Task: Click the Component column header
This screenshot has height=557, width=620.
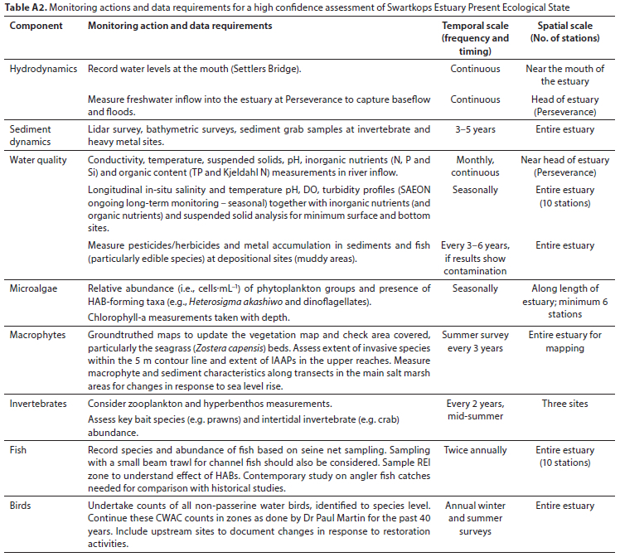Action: tap(36, 27)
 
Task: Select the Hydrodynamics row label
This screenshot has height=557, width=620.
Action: tap(41, 69)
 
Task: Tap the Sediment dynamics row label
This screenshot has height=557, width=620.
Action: tap(30, 135)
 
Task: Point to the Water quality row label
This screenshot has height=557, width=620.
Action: tap(38, 160)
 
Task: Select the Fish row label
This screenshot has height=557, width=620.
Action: tap(19, 450)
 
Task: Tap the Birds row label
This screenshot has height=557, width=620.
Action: tap(22, 506)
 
